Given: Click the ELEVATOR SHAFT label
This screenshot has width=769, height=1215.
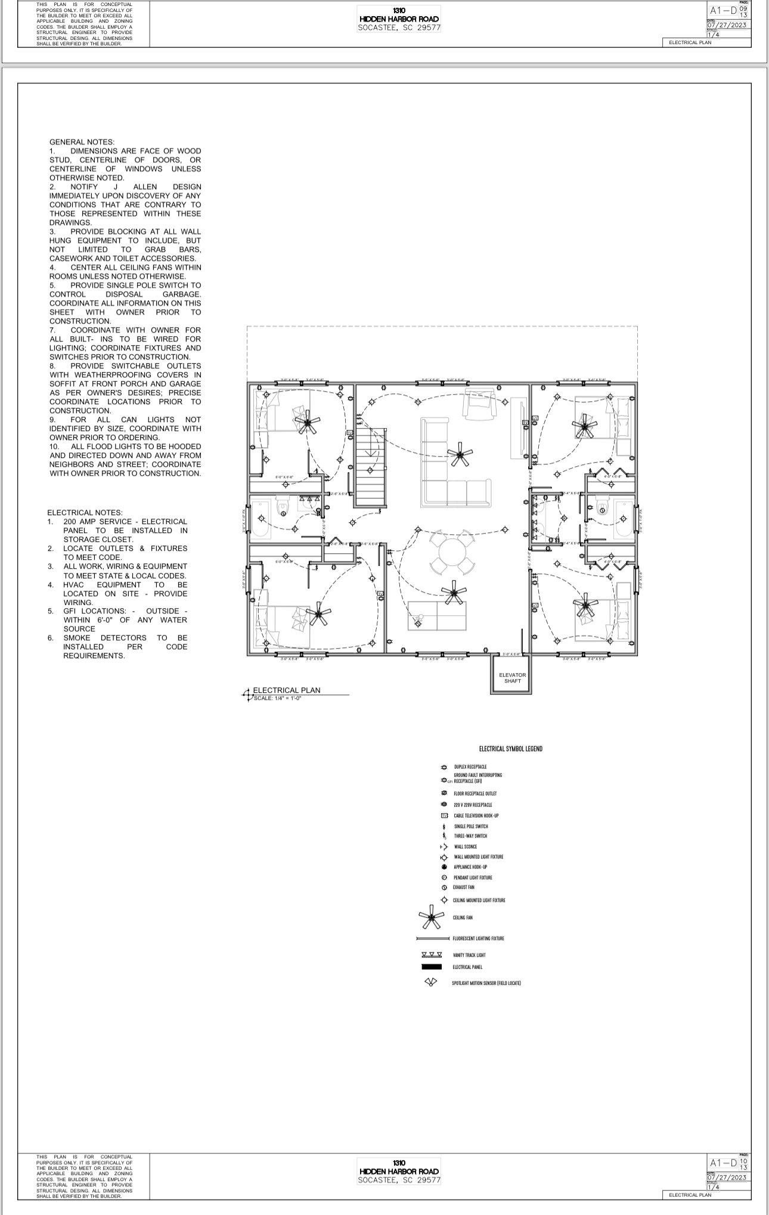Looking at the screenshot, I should (x=512, y=678).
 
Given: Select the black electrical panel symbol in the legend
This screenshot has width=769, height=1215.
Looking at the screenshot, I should (x=431, y=967).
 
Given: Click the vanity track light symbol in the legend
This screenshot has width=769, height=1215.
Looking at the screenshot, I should (x=431, y=954).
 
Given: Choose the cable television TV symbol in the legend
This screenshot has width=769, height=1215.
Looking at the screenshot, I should (x=444, y=816).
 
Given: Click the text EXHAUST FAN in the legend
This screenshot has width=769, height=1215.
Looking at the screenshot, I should (x=463, y=887).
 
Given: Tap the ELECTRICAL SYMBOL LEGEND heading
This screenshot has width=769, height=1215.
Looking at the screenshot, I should (x=510, y=749).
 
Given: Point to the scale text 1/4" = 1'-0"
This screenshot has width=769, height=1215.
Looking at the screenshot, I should (x=278, y=698).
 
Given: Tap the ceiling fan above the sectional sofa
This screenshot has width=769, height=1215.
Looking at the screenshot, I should (x=459, y=454).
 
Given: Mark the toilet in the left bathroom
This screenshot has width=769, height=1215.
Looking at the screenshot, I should (x=283, y=507).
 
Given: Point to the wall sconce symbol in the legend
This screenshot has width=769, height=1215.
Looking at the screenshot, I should (x=444, y=847).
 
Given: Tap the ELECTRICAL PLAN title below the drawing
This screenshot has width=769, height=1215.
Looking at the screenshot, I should (x=287, y=690).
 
